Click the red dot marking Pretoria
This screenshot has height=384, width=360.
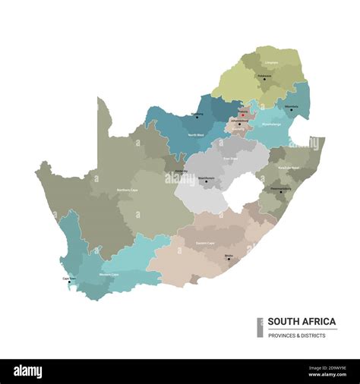point(242,115)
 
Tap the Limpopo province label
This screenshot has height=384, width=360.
point(272,63)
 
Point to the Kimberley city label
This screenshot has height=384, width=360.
point(182,172)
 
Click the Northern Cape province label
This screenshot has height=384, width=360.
point(127,190)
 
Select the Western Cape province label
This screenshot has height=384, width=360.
point(109,274)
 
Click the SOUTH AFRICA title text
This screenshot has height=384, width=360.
point(301,322)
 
